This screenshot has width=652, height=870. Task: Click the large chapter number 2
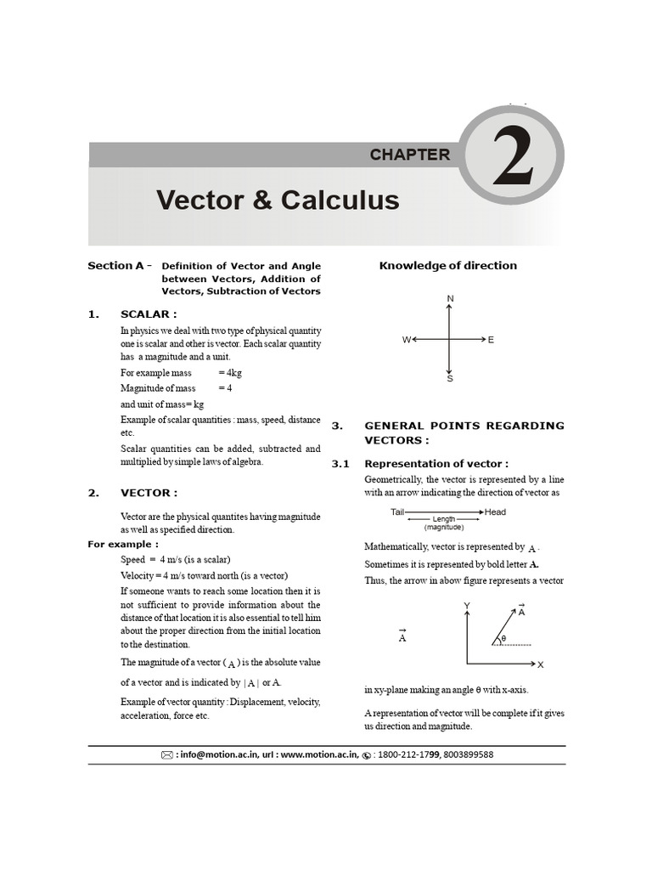pos(512,159)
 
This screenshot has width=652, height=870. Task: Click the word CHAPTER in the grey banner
pos(410,155)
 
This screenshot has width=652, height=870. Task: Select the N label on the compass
pos(450,298)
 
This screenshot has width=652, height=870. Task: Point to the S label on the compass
pos(450,378)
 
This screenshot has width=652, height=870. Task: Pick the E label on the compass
pos(491,340)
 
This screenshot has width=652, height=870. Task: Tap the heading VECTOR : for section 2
pos(149,493)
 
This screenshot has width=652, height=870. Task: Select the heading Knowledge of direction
pos(447,265)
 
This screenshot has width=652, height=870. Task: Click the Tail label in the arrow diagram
pos(397,511)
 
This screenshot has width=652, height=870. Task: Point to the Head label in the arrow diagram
pos(496,511)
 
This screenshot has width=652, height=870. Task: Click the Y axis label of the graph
pos(467,605)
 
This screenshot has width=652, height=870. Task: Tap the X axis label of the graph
pos(541,664)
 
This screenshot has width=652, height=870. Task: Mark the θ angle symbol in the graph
pos(503,638)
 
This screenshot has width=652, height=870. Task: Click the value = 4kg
pos(230,372)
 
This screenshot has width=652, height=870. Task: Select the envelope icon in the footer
pos(166,754)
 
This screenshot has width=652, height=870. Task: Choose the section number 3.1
pos(340,464)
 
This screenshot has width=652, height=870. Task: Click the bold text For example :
pos(123,544)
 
